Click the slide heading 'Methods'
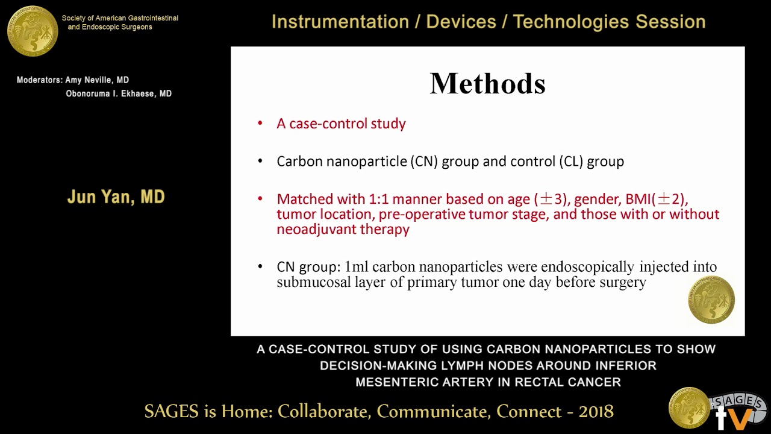[487, 84]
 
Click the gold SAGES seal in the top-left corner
[33, 30]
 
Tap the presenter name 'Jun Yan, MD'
[116, 197]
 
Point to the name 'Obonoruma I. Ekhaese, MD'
[119, 94]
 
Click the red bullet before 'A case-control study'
[260, 124]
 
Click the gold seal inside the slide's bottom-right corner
[711, 300]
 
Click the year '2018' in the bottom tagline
[596, 412]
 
